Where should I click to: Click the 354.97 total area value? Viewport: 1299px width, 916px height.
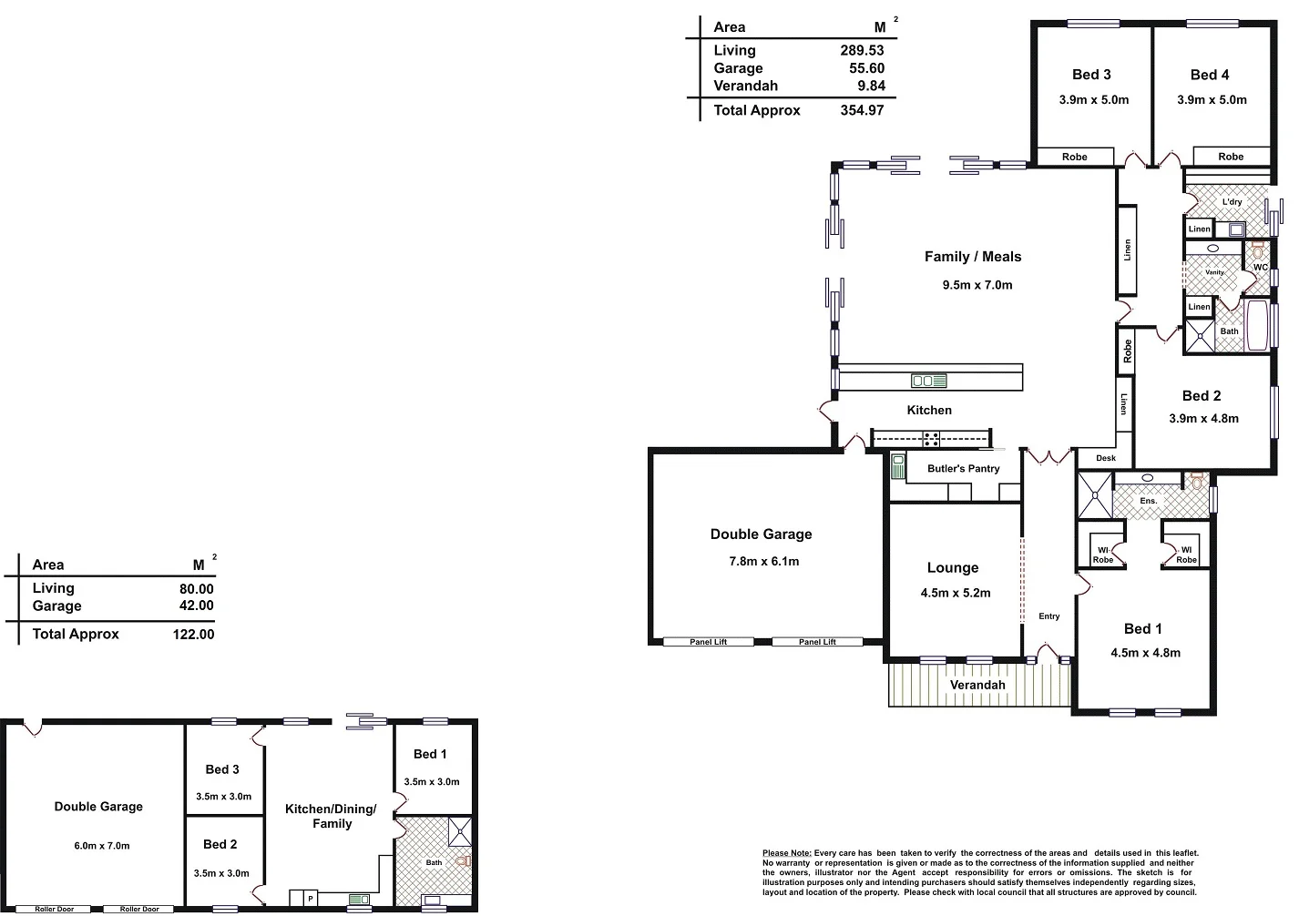click(x=861, y=110)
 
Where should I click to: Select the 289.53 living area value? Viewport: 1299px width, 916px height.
click(x=861, y=51)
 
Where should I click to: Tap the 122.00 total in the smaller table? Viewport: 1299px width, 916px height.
click(x=193, y=635)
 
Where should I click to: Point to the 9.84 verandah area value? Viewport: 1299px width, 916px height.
click(x=870, y=86)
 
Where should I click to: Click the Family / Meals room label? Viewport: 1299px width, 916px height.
click(x=972, y=257)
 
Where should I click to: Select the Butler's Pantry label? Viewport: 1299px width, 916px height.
click(x=963, y=469)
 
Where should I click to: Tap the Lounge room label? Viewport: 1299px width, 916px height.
click(x=952, y=568)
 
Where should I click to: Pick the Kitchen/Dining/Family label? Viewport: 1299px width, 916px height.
click(x=331, y=816)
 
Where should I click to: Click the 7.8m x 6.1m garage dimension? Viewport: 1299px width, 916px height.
click(x=763, y=562)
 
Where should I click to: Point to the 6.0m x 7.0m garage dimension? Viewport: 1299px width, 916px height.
click(x=102, y=846)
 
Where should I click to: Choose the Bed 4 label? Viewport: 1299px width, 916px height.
click(x=1209, y=75)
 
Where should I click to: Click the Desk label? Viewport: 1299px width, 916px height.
click(x=1105, y=458)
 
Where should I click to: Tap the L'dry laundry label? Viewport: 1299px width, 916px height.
click(x=1232, y=202)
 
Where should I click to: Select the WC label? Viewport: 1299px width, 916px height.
click(x=1260, y=267)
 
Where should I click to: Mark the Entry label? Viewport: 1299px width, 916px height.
click(x=1048, y=616)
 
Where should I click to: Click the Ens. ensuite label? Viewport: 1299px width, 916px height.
click(x=1148, y=501)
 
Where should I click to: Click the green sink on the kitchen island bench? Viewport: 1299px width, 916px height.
click(x=928, y=381)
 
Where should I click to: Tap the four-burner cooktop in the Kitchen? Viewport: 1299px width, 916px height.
click(x=931, y=439)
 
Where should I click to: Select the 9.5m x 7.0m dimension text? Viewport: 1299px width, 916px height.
click(x=977, y=285)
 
